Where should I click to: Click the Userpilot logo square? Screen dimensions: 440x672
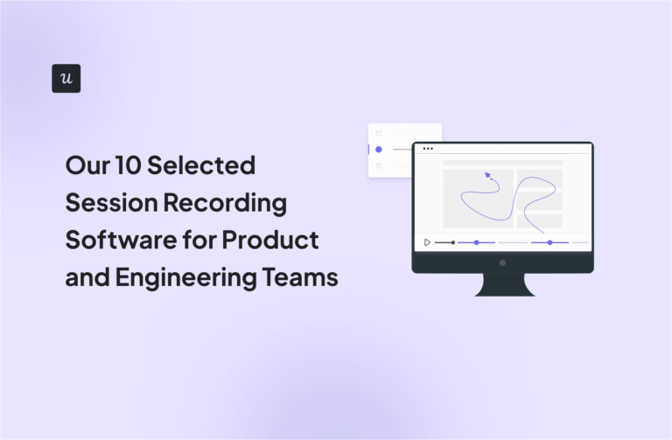[x=66, y=78]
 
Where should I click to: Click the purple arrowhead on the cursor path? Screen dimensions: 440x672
[x=487, y=175]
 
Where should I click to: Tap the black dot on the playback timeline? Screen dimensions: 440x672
[x=452, y=242]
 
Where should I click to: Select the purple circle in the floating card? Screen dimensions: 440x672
[x=378, y=150]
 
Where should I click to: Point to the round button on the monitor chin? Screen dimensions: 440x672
[x=502, y=262]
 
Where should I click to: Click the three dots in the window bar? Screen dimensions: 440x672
[x=428, y=149]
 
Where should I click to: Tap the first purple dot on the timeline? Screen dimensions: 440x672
[x=475, y=242]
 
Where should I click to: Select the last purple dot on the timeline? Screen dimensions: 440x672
[x=549, y=242]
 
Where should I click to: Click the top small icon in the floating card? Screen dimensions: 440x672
[x=378, y=133]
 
